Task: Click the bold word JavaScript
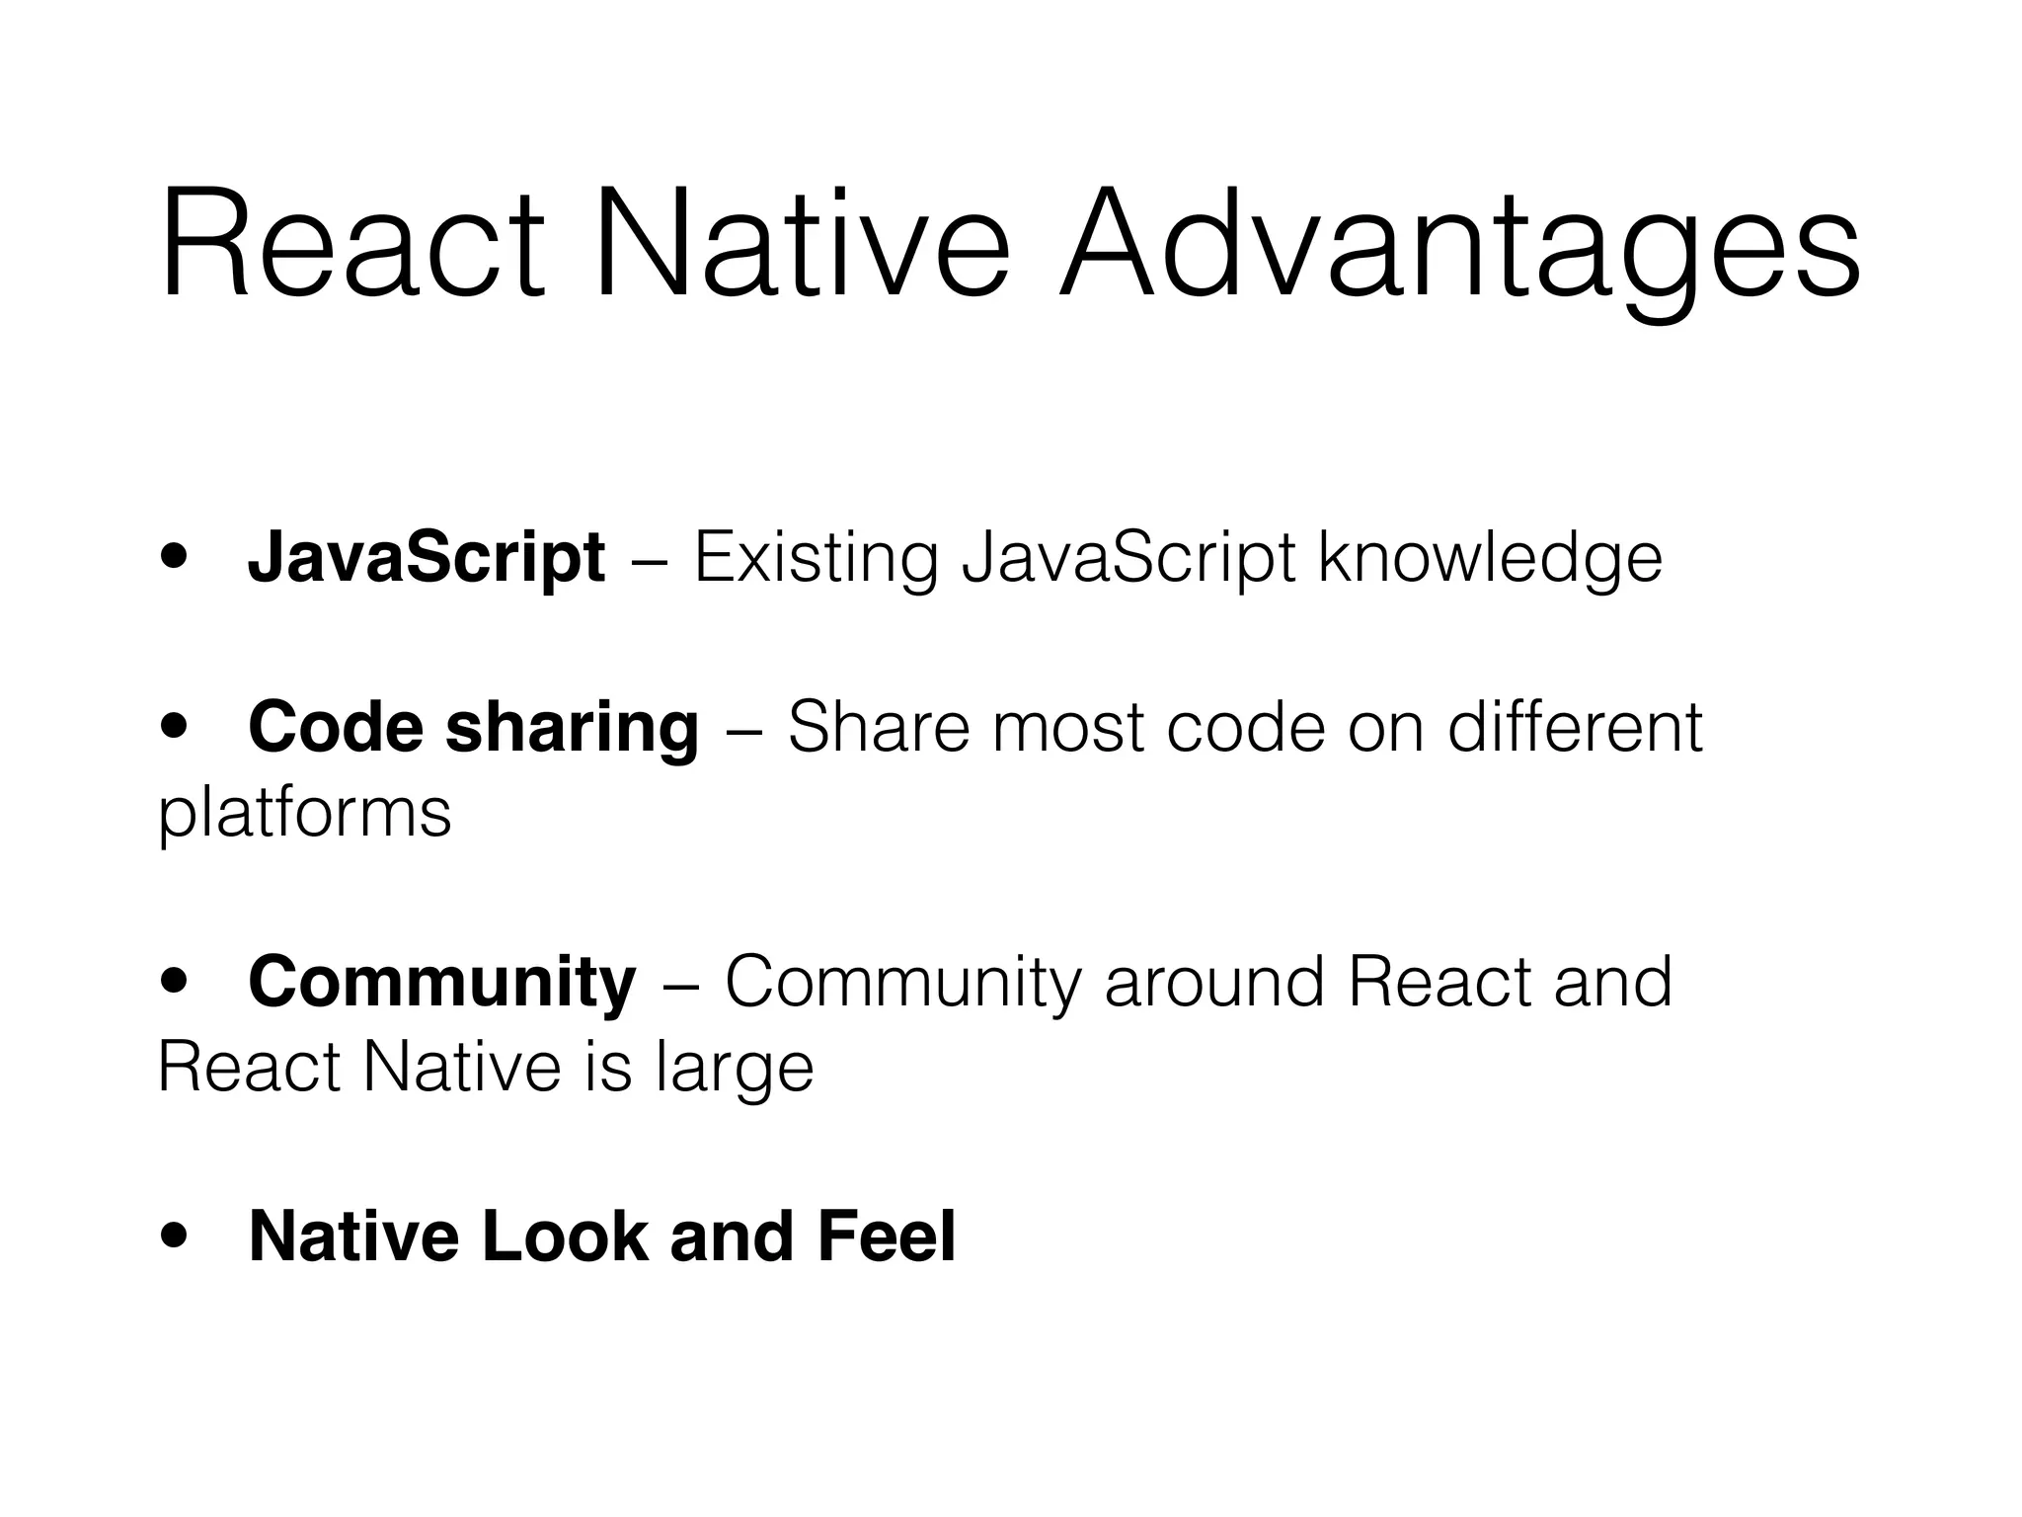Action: coord(426,558)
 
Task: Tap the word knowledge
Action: coord(1490,558)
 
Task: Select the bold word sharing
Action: coord(572,728)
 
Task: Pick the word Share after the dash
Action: coord(880,728)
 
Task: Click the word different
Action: coord(1575,728)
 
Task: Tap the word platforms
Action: coord(304,813)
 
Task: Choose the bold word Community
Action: coord(442,983)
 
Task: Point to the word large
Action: coord(734,1068)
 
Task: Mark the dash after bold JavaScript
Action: coord(649,560)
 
